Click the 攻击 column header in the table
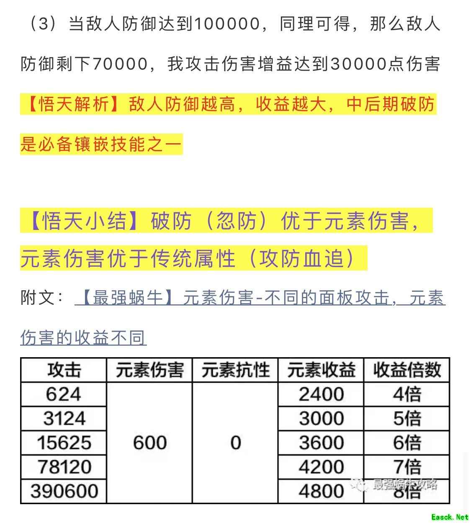[64, 370]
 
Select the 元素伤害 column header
[149, 370]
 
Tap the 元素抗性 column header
[235, 370]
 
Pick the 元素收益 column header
[321, 370]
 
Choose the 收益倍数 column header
[407, 370]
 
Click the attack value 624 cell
[64, 394]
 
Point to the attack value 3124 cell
[64, 418]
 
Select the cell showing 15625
[64, 443]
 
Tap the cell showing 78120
[64, 467]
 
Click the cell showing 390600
[64, 491]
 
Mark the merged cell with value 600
[149, 443]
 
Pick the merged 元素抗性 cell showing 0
[235, 443]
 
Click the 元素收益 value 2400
[321, 394]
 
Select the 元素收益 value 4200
[321, 467]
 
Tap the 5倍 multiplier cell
[407, 418]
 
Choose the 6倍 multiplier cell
[407, 443]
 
